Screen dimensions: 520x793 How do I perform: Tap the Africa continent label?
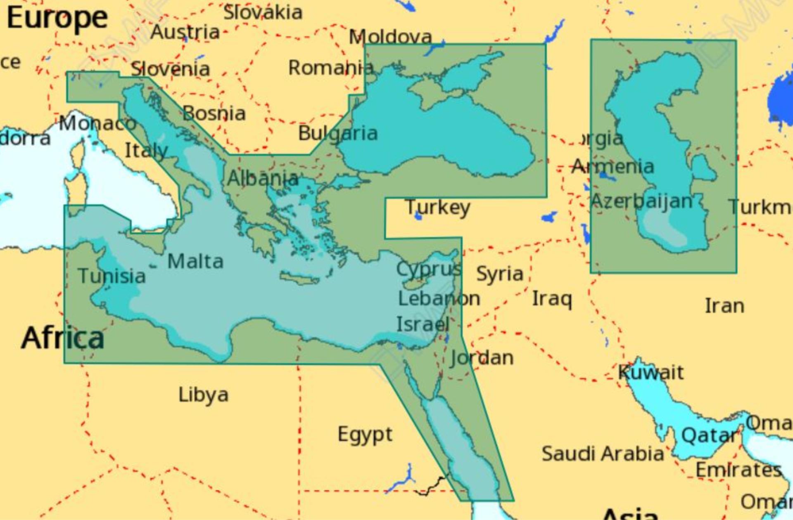click(62, 338)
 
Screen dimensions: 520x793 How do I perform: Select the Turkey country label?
click(438, 207)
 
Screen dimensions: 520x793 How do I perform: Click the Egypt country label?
click(365, 435)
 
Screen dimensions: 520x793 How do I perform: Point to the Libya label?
click(203, 395)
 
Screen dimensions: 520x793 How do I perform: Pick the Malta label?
click(195, 261)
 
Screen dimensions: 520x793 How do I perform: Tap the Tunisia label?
click(112, 276)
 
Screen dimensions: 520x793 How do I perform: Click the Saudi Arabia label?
click(603, 454)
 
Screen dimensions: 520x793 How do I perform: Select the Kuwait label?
click(651, 373)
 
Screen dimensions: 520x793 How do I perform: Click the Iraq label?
click(552, 298)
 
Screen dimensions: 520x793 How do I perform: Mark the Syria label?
click(500, 274)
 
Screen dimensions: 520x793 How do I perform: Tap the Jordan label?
click(482, 358)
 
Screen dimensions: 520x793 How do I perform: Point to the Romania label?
click(331, 68)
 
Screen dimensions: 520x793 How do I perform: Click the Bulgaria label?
click(338, 133)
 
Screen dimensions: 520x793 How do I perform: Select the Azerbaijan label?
click(641, 201)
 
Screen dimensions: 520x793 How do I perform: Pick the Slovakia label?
click(263, 12)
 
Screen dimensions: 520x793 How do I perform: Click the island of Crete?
click(299, 279)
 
